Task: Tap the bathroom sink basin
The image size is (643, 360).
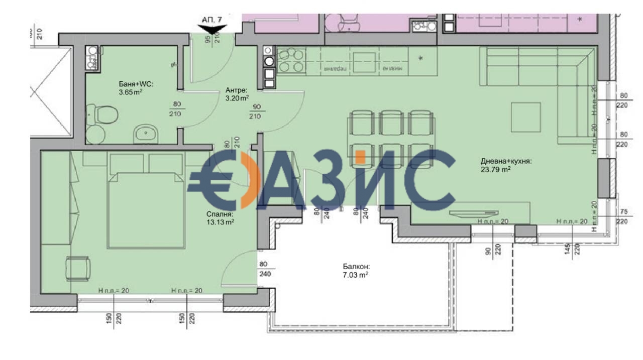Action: (x=146, y=134)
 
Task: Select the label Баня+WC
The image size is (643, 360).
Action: (x=133, y=84)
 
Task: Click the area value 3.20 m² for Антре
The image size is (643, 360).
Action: (x=236, y=98)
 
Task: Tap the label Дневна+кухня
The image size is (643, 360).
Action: (x=506, y=161)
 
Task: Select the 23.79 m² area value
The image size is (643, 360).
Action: (x=496, y=169)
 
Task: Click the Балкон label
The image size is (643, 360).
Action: (x=357, y=268)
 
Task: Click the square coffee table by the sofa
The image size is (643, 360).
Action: (x=526, y=117)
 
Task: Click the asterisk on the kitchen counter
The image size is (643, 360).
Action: (x=421, y=59)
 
